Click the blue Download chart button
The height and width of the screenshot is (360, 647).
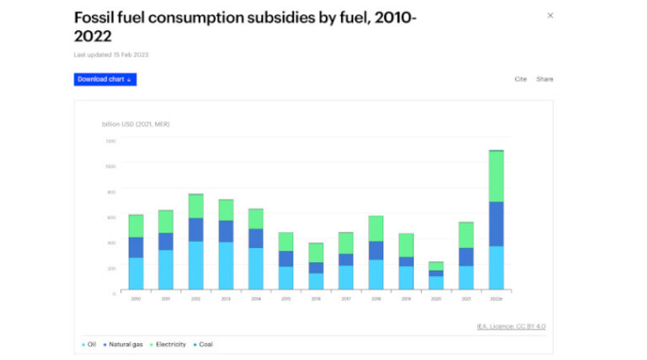(x=105, y=79)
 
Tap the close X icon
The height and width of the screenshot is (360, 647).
(x=550, y=15)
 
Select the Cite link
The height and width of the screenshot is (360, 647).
(x=521, y=79)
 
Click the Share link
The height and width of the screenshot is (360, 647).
(x=545, y=79)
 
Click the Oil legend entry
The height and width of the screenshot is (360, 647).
(x=89, y=344)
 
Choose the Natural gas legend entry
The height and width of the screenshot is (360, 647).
(x=123, y=344)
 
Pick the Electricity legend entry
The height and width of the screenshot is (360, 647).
(x=169, y=344)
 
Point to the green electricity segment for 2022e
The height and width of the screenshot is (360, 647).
(x=496, y=176)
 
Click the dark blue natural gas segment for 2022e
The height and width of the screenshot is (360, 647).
(x=496, y=223)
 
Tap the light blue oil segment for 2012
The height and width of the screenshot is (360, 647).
(x=195, y=265)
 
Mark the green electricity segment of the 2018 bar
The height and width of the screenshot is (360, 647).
(x=376, y=228)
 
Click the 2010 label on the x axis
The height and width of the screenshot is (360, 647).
(x=136, y=298)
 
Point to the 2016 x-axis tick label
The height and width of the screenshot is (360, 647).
(x=316, y=298)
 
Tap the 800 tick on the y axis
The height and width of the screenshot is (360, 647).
(x=110, y=191)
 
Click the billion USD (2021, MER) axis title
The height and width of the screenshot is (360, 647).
(x=136, y=124)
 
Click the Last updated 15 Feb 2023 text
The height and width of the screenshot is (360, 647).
(x=112, y=55)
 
